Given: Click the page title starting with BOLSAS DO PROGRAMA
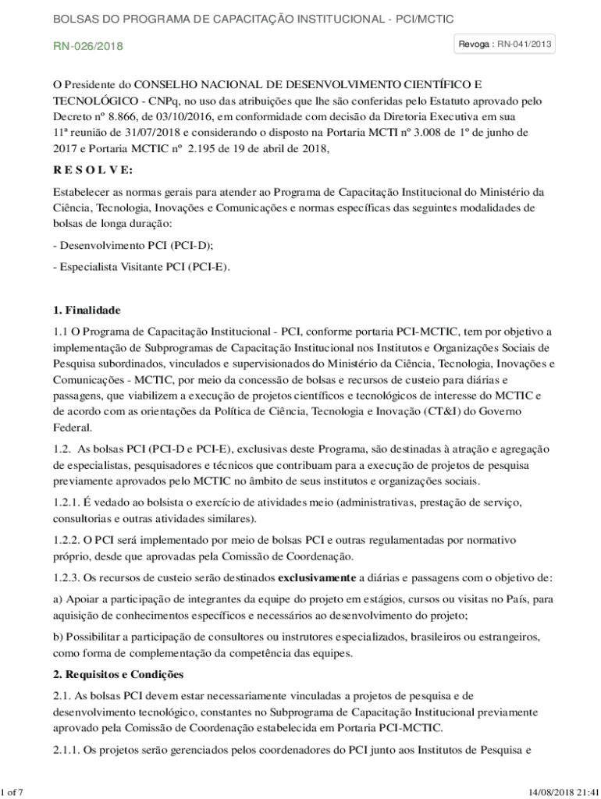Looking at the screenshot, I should point(253,18).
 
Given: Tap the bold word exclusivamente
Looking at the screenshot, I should point(317,578).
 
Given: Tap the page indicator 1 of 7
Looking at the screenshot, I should point(12,793).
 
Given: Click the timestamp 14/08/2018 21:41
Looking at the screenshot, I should point(561,793).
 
